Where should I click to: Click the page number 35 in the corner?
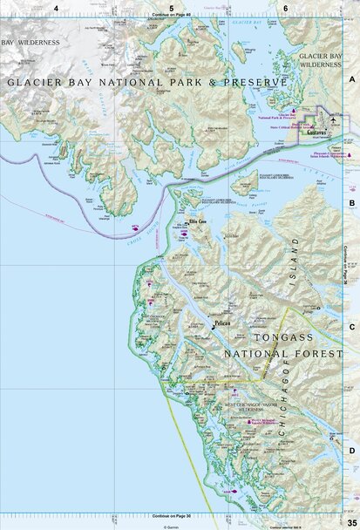point(351,520)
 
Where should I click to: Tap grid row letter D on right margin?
point(352,450)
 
